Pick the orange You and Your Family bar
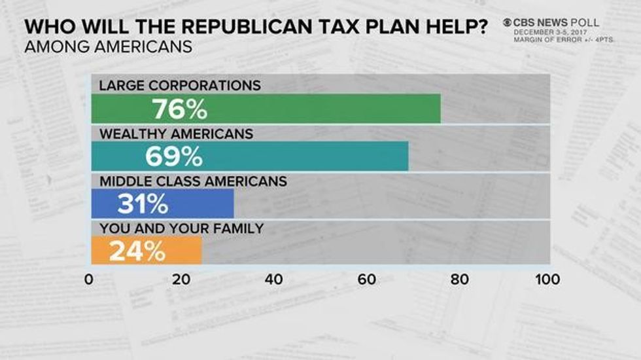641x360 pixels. click(177, 251)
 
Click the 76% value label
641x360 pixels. click(179, 109)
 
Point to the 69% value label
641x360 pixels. click(173, 157)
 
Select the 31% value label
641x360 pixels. click(143, 204)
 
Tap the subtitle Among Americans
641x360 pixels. click(109, 47)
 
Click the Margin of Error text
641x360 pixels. click(556, 40)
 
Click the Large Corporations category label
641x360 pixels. click(180, 86)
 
